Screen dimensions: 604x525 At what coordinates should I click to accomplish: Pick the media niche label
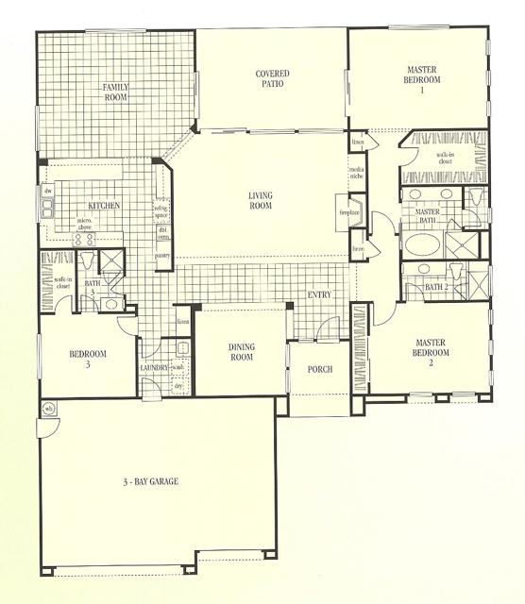(x=356, y=171)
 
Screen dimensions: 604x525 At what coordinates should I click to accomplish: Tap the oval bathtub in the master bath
(x=421, y=242)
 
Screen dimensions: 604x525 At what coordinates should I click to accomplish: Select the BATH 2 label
(x=435, y=286)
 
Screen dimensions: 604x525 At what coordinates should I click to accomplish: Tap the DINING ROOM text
(x=242, y=352)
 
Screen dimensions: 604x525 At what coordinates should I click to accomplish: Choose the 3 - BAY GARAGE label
(x=150, y=481)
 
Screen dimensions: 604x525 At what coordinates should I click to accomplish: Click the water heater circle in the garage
(x=48, y=408)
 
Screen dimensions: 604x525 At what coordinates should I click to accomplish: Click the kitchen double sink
(x=46, y=209)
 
